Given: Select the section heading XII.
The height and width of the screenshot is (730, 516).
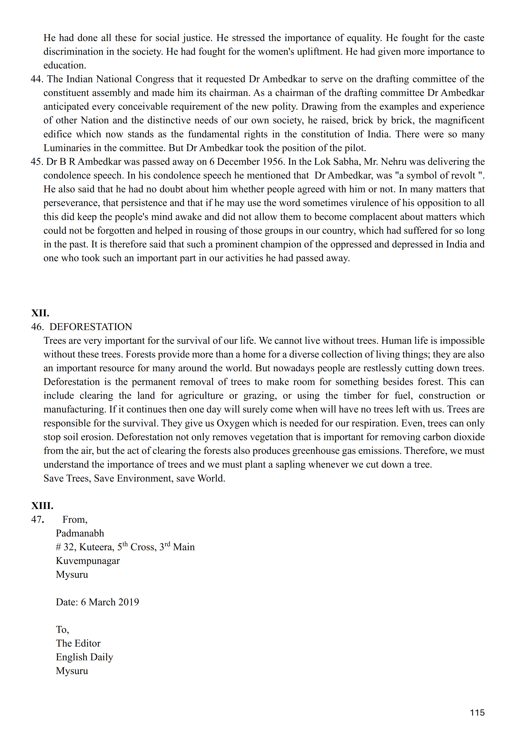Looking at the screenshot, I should tap(40, 313).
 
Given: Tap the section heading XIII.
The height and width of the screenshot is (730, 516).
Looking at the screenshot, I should tap(42, 506).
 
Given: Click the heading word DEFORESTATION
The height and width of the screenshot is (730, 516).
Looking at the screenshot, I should tap(91, 327).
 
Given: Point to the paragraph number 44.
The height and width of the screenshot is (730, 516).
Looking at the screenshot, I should tap(37, 79).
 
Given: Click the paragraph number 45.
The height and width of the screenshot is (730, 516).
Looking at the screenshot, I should tap(37, 162).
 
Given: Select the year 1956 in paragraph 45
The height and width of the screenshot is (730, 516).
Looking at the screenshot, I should tap(273, 162).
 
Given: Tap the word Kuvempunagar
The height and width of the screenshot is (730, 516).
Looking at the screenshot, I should tap(88, 561).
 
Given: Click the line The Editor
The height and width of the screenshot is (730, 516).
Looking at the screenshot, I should tap(78, 643).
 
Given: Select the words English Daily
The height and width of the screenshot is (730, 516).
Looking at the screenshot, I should tap(84, 657).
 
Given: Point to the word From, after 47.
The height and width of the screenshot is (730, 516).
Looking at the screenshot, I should tap(75, 520).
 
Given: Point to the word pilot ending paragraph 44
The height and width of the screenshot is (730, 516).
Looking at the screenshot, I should tap(356, 148).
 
